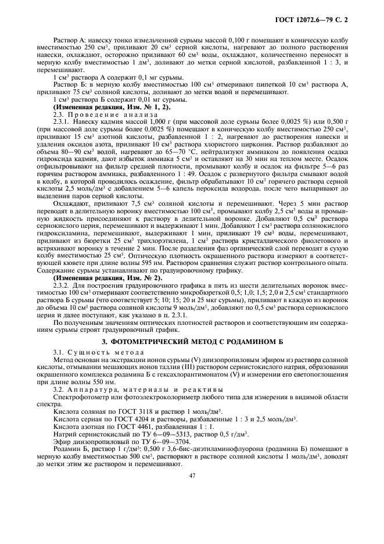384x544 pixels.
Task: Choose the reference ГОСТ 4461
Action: pyautogui.click(x=114, y=426)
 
